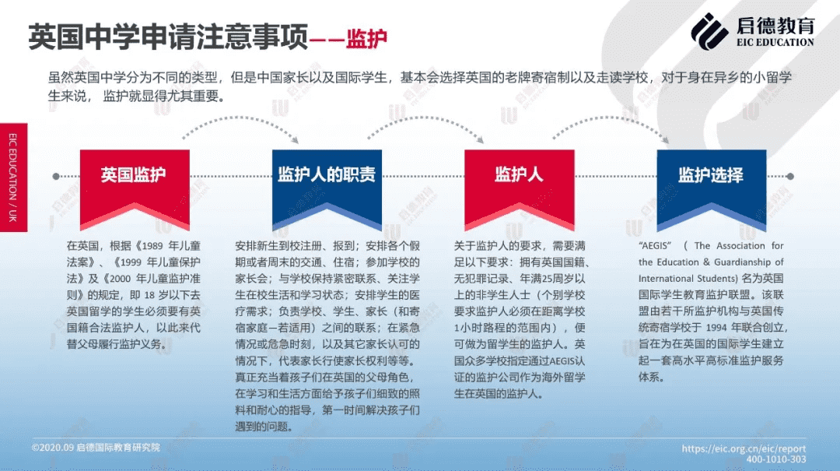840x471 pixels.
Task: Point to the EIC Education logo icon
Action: coord(709,32)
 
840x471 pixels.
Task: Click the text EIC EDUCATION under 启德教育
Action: coord(775,42)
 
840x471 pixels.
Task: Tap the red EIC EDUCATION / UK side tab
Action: coord(13,178)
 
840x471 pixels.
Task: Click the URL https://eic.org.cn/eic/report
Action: coord(744,448)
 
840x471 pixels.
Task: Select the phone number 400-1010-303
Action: coord(776,459)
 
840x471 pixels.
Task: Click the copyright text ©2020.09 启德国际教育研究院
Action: coord(96,448)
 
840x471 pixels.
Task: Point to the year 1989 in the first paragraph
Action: coord(152,246)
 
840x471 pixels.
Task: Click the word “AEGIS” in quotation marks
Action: coord(655,246)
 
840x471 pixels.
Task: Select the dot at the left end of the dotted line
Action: coord(56,176)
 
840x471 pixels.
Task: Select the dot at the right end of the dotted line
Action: coord(790,176)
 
